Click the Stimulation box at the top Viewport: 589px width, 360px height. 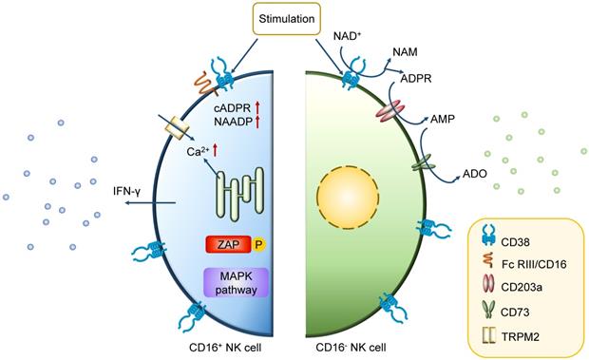click(x=294, y=17)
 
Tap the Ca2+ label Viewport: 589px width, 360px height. click(x=196, y=149)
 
